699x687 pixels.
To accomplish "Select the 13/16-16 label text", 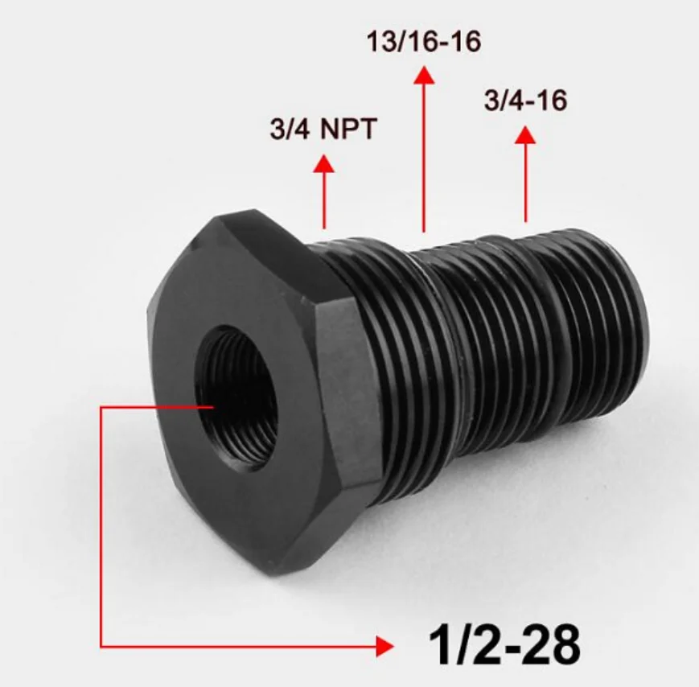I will click(424, 42).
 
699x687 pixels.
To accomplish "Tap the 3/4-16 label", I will click(525, 101).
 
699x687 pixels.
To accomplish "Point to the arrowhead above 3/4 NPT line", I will click(323, 163).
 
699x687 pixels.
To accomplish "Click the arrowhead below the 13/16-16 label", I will click(424, 75).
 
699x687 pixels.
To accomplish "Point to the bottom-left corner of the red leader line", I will click(101, 645).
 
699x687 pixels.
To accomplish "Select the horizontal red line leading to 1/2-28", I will click(241, 645).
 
